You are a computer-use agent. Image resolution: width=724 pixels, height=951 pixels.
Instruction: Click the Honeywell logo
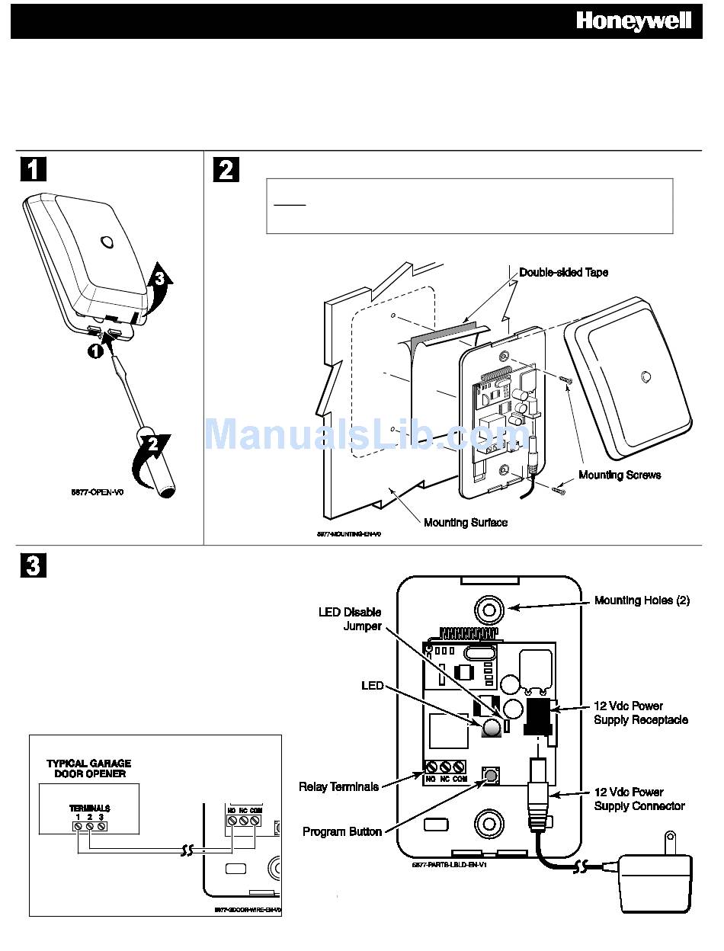(633, 21)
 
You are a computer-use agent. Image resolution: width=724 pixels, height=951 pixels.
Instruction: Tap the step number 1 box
(32, 168)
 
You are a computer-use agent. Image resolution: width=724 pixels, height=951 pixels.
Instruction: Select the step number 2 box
(226, 168)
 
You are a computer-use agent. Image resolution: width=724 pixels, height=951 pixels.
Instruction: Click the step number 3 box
(32, 565)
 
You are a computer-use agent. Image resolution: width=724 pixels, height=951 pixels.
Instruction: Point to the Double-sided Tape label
(563, 272)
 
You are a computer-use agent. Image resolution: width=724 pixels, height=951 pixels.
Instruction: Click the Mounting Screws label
(620, 475)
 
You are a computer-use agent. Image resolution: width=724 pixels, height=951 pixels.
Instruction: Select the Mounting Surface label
(465, 522)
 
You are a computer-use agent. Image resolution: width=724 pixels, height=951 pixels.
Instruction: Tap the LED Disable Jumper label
(351, 619)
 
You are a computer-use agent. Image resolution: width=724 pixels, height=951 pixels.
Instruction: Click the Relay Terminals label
(338, 786)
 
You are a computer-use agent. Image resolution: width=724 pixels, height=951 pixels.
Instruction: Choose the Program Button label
(341, 831)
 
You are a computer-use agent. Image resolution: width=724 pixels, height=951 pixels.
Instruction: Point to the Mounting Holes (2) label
(642, 600)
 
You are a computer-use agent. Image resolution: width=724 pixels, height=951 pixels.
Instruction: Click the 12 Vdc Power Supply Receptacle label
(640, 712)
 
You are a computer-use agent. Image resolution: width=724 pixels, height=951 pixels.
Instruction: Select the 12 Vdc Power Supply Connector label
(639, 799)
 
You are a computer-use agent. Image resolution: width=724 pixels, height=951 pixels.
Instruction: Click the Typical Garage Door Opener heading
(88, 768)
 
